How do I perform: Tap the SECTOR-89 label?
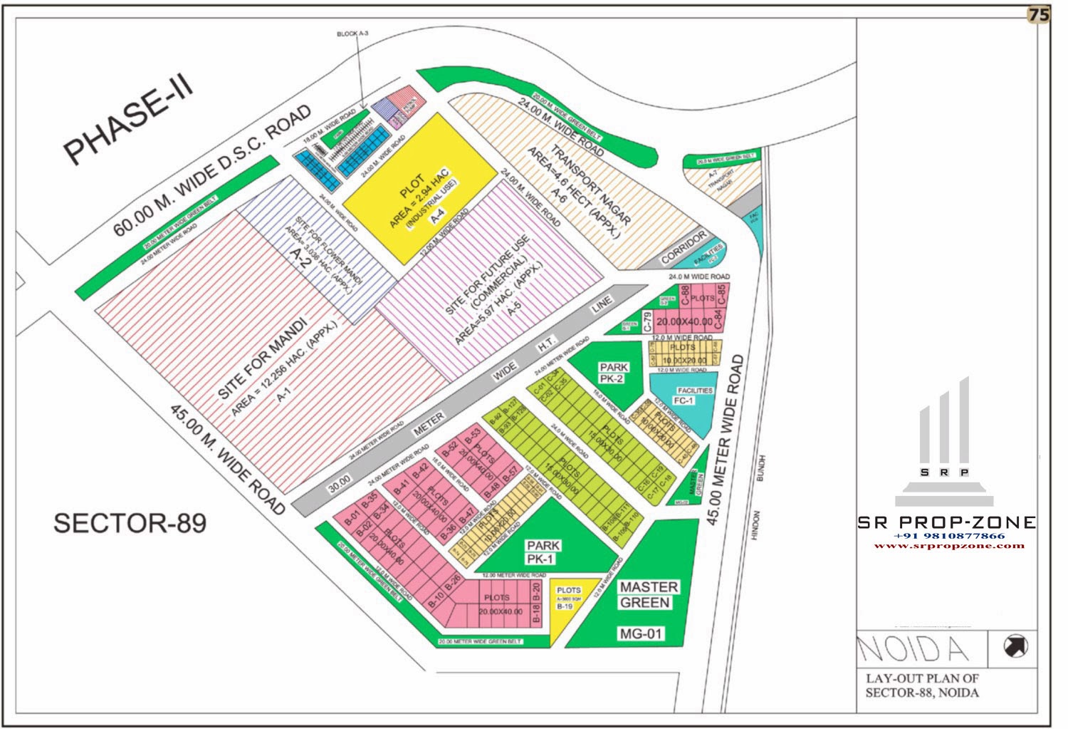click(130, 523)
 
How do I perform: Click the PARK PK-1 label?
click(543, 552)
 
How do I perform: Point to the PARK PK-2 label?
click(612, 373)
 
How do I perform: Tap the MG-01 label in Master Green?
click(641, 633)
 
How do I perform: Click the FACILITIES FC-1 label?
click(692, 396)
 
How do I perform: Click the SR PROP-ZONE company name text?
click(946, 522)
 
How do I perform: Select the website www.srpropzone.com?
click(949, 546)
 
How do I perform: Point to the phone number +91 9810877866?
click(949, 535)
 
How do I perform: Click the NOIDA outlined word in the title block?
click(913, 648)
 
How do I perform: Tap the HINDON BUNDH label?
click(758, 499)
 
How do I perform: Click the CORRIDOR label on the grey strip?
click(684, 246)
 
